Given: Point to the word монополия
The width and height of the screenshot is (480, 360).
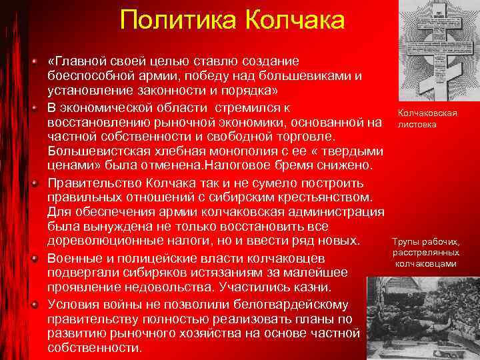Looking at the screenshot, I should [220, 151].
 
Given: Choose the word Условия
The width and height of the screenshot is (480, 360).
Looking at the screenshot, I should [73, 304].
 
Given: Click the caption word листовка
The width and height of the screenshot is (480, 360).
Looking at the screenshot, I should [417, 124].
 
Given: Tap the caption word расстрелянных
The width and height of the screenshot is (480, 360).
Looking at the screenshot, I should [425, 253].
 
